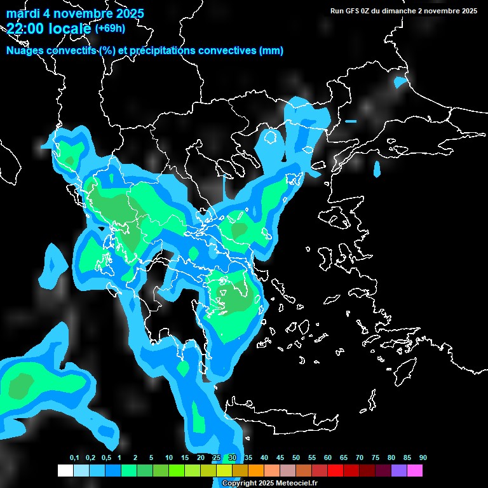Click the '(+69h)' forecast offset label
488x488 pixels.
pyautogui.click(x=110, y=28)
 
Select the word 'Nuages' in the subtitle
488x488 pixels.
pyautogui.click(x=24, y=51)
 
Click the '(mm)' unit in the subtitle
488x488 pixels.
pyautogui.click(x=271, y=51)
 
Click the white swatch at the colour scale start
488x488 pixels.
pyautogui.click(x=65, y=471)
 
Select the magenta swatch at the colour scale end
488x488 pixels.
pyautogui.click(x=414, y=471)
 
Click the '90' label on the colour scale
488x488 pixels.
pyautogui.click(x=423, y=458)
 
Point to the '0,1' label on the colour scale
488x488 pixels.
pyautogui.click(x=74, y=458)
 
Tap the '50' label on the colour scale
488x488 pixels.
pyautogui.click(x=296, y=458)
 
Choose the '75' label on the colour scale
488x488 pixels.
pyautogui.click(x=376, y=458)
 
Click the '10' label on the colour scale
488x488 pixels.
pyautogui.click(x=169, y=458)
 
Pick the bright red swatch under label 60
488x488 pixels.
pyautogui.click(x=335, y=471)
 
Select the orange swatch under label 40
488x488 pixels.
pyautogui.click(x=255, y=471)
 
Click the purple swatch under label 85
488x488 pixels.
pyautogui.click(x=398, y=471)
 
